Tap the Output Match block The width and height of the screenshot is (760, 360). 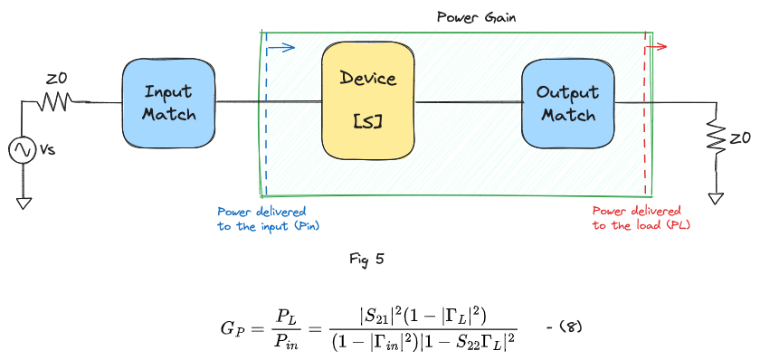coord(566,103)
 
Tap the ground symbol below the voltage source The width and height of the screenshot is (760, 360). coord(24,202)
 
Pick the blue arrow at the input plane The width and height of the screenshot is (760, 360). coord(282,48)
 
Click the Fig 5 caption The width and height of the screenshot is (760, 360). coord(366,259)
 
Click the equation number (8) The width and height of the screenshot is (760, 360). coord(561,325)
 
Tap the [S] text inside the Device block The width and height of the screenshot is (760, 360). coord(368,120)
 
